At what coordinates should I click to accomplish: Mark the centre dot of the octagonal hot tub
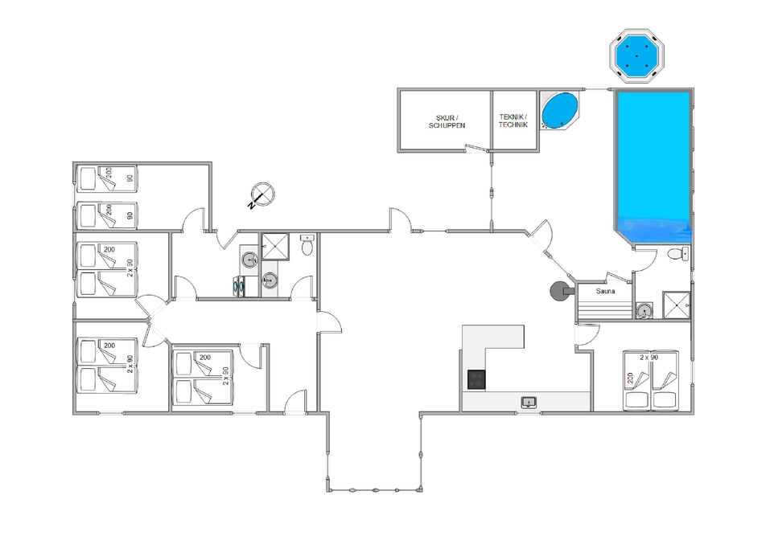[x=636, y=55]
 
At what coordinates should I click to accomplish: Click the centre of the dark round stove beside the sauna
[x=559, y=291]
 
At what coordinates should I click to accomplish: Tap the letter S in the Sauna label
[x=599, y=292]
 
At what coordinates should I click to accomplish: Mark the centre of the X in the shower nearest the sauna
[x=676, y=305]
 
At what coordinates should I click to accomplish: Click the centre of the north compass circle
[x=263, y=194]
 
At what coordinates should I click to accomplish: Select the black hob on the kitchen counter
[x=476, y=379]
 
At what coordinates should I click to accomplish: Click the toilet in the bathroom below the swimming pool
[x=677, y=254]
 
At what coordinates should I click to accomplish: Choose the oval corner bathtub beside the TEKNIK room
[x=559, y=110]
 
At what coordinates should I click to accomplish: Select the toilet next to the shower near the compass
[x=307, y=244]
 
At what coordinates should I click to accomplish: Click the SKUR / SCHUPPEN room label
[x=447, y=122]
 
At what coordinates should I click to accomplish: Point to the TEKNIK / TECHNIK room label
[x=513, y=121]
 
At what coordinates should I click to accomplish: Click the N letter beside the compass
[x=252, y=204]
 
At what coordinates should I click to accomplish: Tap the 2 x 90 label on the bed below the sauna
[x=649, y=357]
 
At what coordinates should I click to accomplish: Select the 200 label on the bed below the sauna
[x=630, y=378]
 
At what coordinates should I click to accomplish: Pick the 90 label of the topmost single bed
[x=130, y=178]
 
